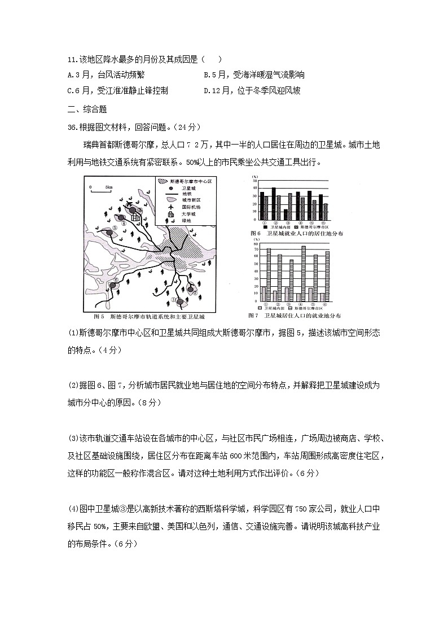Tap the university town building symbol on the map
[135, 215]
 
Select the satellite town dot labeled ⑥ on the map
[112, 286]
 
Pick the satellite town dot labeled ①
[180, 302]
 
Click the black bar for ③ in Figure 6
[286, 215]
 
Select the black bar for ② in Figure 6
[274, 204]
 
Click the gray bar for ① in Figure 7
[263, 295]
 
